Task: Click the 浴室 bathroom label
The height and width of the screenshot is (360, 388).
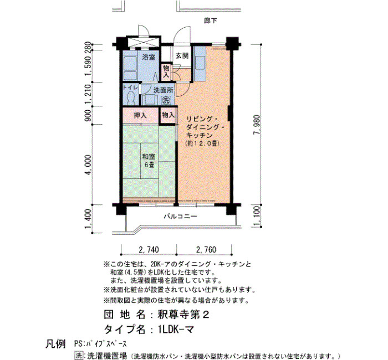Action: pyautogui.click(x=149, y=58)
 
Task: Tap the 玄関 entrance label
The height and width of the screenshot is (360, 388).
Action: pyautogui.click(x=182, y=56)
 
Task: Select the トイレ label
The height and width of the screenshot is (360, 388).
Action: pyautogui.click(x=130, y=88)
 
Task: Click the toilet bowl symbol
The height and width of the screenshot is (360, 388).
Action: pyautogui.click(x=130, y=98)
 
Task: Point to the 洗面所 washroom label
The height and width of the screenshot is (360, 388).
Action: pyautogui.click(x=164, y=90)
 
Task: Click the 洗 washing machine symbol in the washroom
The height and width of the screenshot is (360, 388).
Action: pyautogui.click(x=166, y=100)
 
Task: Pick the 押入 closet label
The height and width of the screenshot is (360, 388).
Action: pyautogui.click(x=140, y=115)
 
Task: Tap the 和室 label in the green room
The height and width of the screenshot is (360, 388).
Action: pyautogui.click(x=149, y=157)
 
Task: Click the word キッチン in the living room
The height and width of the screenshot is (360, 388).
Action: pyautogui.click(x=199, y=136)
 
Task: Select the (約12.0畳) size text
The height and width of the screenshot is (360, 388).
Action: pyautogui.click(x=202, y=143)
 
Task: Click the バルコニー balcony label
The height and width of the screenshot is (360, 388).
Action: pyautogui.click(x=180, y=217)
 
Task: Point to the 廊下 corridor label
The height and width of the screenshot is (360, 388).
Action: pyautogui.click(x=210, y=20)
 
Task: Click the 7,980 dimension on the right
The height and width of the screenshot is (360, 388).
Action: pyautogui.click(x=257, y=125)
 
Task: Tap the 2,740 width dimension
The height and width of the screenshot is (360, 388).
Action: pyautogui.click(x=149, y=250)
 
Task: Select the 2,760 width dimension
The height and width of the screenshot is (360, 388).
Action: pyautogui.click(x=206, y=250)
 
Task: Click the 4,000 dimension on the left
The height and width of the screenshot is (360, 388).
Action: pyautogui.click(x=88, y=165)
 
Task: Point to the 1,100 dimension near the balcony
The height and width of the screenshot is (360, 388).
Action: pyautogui.click(x=257, y=217)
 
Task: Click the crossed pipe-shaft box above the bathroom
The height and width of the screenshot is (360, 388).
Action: pyautogui.click(x=143, y=42)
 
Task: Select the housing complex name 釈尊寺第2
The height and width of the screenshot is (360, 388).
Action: pyautogui.click(x=183, y=315)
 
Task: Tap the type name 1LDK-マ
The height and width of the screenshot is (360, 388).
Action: pyautogui.click(x=176, y=330)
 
